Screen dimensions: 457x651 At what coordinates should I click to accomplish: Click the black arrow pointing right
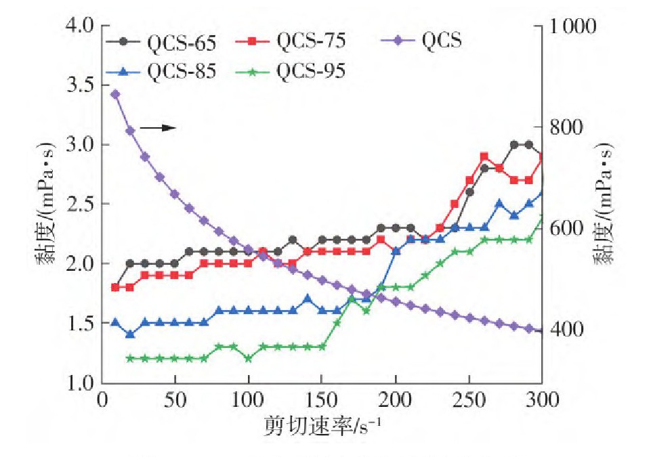(163, 127)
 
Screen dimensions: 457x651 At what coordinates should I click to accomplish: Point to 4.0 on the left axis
(81, 26)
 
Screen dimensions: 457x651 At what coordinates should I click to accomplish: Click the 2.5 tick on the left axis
(81, 204)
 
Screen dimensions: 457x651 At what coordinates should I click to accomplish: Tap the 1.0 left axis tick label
(81, 383)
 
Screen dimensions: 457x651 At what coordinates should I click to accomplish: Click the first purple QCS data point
(115, 94)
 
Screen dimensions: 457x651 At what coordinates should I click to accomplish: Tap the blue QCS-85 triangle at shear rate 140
(308, 299)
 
